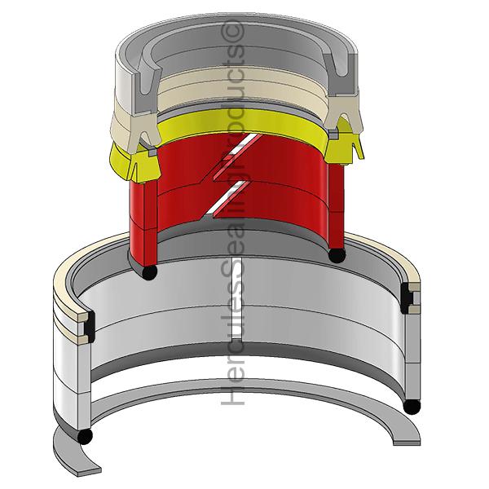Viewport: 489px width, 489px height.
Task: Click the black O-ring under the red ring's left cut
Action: pyautogui.click(x=149, y=272)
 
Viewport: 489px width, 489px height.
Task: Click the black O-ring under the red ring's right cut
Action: pyautogui.click(x=337, y=254)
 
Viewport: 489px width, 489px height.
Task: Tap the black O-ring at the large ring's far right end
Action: pyautogui.click(x=412, y=407)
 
